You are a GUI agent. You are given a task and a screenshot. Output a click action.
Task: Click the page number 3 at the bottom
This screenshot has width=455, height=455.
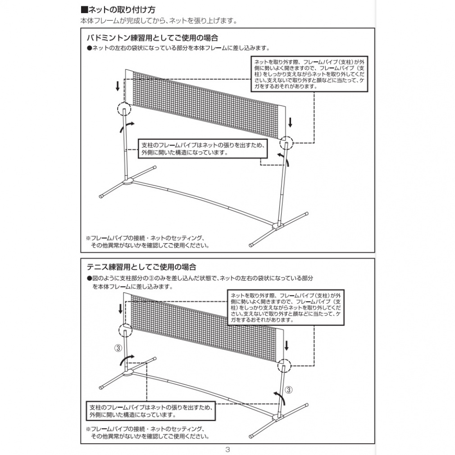click(x=227, y=449)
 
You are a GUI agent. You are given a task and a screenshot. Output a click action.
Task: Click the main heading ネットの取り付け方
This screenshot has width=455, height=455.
click(x=118, y=9)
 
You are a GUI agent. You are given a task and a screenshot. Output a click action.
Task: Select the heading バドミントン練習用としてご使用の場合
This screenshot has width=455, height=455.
click(x=152, y=37)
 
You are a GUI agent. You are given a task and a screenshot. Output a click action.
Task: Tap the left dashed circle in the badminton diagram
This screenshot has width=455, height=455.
click(x=123, y=109)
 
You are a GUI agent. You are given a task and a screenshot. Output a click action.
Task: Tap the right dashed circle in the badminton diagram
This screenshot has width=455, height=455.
click(x=286, y=143)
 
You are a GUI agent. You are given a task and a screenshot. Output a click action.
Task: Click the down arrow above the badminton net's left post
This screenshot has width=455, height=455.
click(x=118, y=86)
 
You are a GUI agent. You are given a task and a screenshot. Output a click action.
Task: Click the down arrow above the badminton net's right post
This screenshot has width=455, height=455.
click(x=290, y=122)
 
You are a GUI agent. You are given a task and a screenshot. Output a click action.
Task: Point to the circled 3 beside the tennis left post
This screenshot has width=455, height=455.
click(x=118, y=348)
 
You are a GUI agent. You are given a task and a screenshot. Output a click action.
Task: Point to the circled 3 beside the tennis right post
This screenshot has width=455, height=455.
click(x=289, y=389)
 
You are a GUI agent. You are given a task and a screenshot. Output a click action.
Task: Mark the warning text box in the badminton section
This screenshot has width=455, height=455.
click(x=311, y=73)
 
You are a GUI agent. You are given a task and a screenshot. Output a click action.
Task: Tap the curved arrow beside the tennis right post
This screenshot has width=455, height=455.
click(x=281, y=397)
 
